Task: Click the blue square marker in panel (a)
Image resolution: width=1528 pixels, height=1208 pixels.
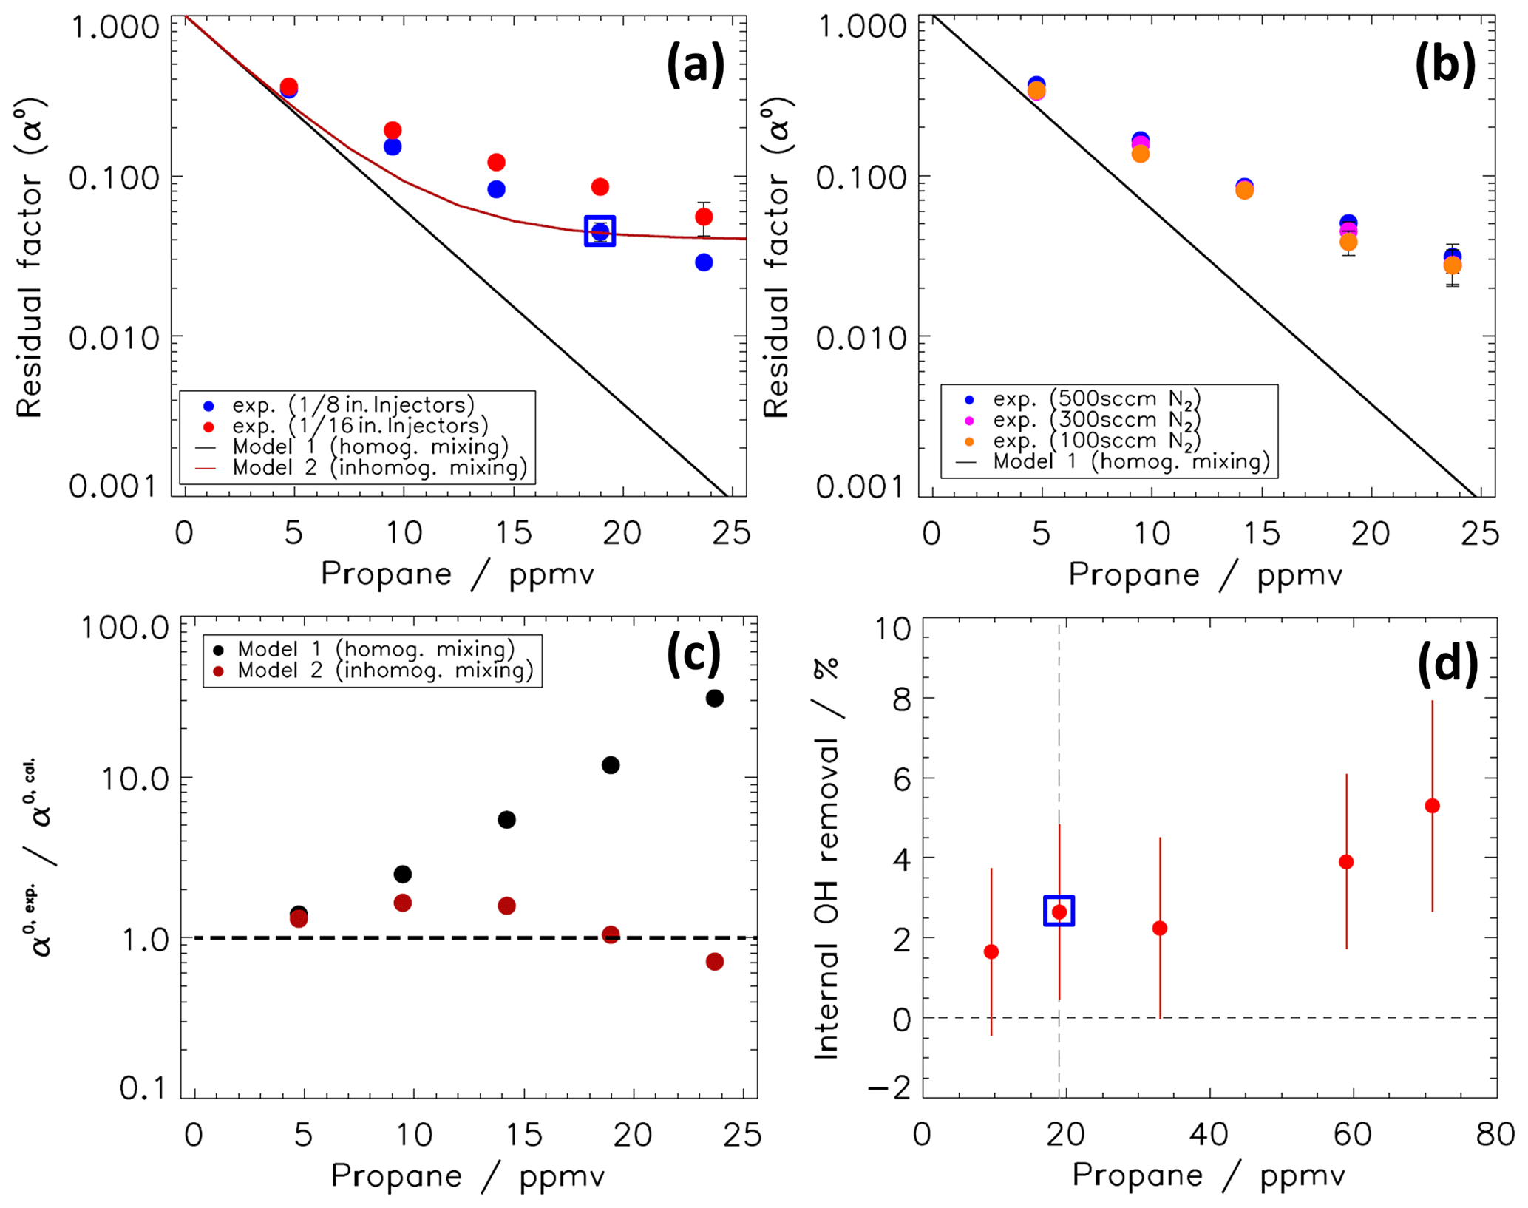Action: point(600,231)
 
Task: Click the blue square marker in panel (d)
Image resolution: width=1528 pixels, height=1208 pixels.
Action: point(1059,911)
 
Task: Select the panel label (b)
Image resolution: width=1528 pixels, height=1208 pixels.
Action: point(1444,64)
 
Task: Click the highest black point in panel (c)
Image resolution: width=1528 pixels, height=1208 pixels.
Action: point(714,698)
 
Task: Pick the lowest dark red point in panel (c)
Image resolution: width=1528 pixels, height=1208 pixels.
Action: point(714,961)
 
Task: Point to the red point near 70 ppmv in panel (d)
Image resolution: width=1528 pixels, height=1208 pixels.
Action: point(1432,806)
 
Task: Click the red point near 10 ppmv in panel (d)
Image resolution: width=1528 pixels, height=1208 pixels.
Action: point(991,951)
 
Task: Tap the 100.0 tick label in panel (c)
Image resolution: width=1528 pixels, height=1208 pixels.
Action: point(124,628)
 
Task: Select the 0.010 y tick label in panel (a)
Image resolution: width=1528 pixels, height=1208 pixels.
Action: point(114,339)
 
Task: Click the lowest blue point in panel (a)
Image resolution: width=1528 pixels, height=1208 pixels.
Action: point(704,262)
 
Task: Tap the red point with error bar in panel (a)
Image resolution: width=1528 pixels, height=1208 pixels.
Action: point(704,217)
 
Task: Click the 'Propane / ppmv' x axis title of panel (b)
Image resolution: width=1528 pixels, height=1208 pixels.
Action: point(1205,574)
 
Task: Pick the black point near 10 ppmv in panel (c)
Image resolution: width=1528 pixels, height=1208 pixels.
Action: point(402,874)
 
